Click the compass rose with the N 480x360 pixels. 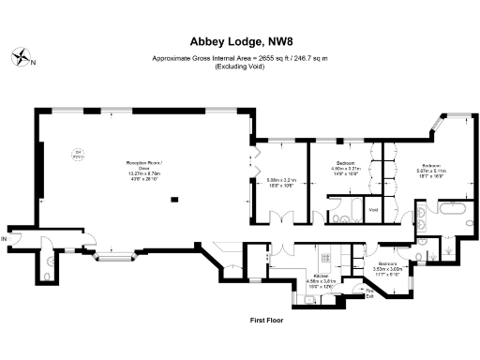point(22,59)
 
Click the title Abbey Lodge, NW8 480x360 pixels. point(239,41)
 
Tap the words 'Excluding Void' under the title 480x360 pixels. point(239,67)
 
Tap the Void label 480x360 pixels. point(374,208)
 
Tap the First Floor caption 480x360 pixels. point(266,320)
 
